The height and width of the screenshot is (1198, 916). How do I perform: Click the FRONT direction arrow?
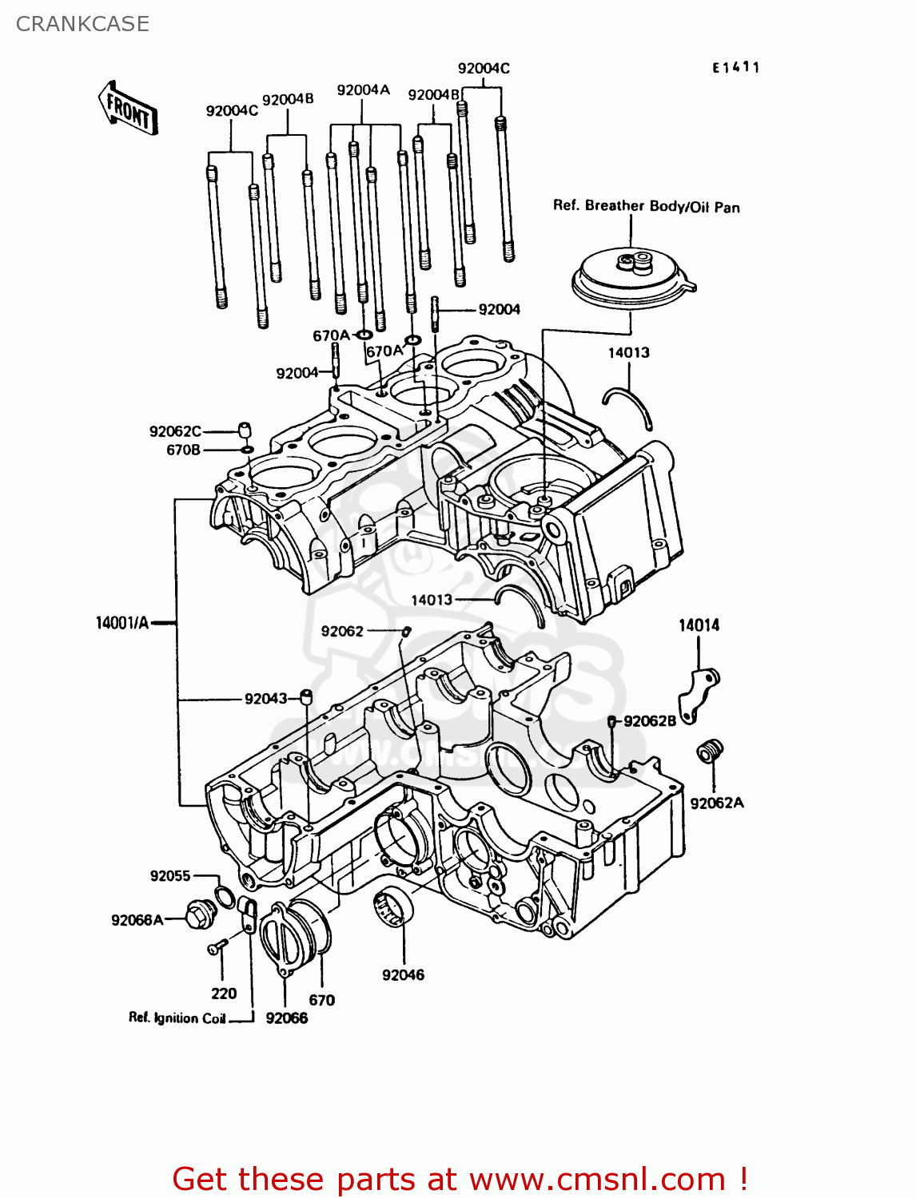[x=128, y=108]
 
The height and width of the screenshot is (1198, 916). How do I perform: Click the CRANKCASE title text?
[x=82, y=24]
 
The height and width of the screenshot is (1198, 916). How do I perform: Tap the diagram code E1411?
[x=735, y=68]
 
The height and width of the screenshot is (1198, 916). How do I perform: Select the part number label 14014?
[x=699, y=625]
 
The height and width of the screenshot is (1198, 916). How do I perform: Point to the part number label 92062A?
[x=717, y=803]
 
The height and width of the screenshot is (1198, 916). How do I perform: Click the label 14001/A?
[x=122, y=623]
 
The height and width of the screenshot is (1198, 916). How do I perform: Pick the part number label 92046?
[x=403, y=974]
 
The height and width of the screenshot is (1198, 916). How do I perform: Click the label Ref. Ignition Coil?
[x=177, y=1018]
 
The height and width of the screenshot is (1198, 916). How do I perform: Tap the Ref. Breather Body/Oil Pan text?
[x=646, y=206]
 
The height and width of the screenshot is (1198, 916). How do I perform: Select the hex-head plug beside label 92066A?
[x=200, y=914]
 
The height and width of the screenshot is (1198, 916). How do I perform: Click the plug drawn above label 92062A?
[x=709, y=751]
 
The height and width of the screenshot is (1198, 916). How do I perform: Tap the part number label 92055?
[x=170, y=875]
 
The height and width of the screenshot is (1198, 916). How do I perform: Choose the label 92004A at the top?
[x=363, y=90]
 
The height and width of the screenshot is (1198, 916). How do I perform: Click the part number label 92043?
[x=265, y=699]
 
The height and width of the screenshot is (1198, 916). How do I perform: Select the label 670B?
[x=183, y=450]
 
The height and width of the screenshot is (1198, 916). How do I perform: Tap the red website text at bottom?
[x=460, y=1179]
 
